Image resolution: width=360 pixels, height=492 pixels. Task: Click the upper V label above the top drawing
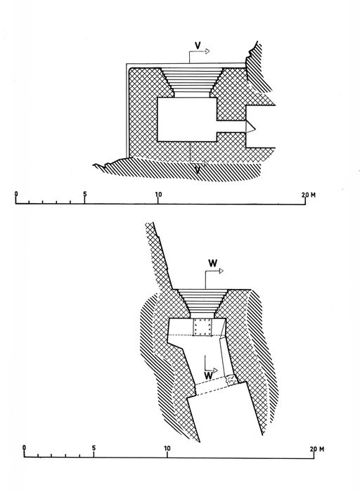pos(199,47)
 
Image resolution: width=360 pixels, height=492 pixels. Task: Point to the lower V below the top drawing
pos(198,169)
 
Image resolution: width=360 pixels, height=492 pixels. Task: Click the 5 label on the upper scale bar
pos(85,194)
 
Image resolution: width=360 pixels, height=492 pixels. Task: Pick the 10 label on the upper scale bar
pos(157,194)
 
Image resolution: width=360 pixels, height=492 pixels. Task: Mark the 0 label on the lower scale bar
pos(25,447)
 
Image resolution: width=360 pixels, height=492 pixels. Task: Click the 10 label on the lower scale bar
pos(167,447)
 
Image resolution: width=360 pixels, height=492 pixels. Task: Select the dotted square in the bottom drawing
pos(203,328)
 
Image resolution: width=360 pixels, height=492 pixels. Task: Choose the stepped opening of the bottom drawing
pos(202,303)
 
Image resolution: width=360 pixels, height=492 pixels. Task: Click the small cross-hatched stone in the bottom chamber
pos(229,380)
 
